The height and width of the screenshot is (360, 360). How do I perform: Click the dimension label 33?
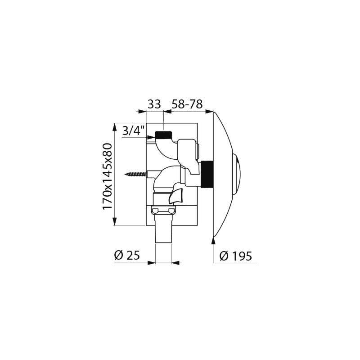154,104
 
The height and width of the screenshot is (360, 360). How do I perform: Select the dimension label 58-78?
187,104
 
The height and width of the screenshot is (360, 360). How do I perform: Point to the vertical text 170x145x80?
107,176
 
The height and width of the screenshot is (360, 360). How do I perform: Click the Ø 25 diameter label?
127,255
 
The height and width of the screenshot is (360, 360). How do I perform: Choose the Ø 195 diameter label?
236,256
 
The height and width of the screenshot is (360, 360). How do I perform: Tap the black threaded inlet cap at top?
163,135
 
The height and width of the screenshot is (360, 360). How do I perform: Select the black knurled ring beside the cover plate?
207,174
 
